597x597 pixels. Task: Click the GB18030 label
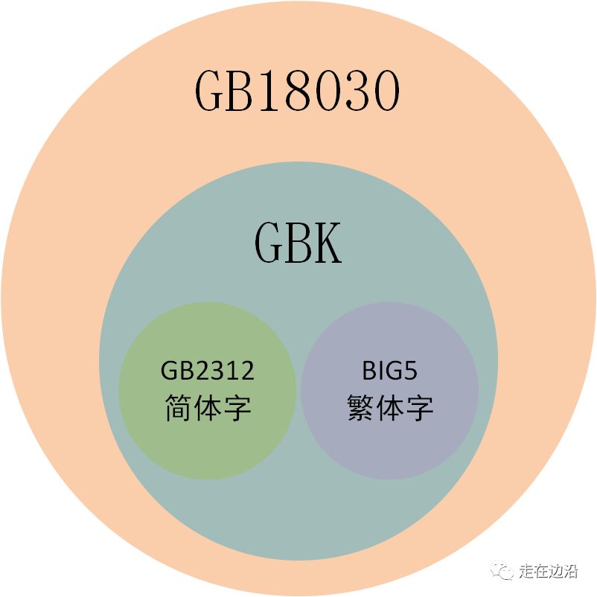pyautogui.click(x=298, y=92)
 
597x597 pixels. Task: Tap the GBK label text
pyautogui.click(x=298, y=243)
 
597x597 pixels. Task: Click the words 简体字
pyautogui.click(x=208, y=407)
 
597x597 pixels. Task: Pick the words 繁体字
pyautogui.click(x=389, y=407)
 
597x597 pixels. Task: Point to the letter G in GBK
pyautogui.click(x=269, y=243)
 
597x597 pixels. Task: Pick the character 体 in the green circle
pyautogui.click(x=208, y=407)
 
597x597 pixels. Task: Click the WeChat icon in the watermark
pyautogui.click(x=504, y=571)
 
